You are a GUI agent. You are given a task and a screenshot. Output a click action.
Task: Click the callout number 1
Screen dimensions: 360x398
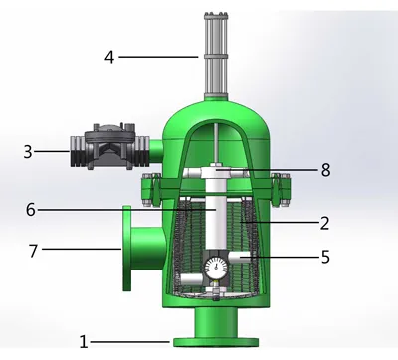84,341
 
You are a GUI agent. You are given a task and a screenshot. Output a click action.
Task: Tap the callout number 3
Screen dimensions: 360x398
28,152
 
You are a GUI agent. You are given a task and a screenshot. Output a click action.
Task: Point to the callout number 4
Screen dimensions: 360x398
108,57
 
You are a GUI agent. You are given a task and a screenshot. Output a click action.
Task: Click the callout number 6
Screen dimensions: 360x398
31,210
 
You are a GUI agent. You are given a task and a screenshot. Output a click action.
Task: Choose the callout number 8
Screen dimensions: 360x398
325,170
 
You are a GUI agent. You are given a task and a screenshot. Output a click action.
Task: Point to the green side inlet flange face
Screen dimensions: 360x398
126,248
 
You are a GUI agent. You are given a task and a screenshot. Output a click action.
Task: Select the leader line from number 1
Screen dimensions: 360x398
129,341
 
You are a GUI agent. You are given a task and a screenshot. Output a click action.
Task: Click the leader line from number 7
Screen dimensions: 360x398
80,248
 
